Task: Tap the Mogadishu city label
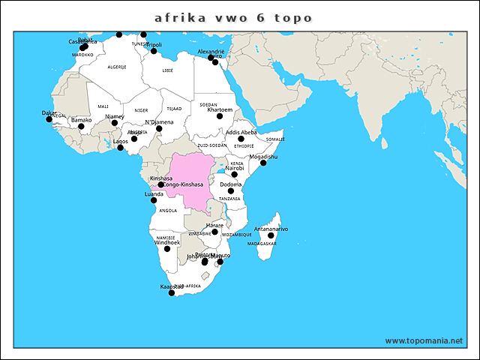tap(263, 157)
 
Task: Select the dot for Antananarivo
tap(271, 235)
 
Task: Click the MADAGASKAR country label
tap(262, 244)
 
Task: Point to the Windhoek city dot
tap(167, 249)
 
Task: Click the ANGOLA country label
tap(168, 211)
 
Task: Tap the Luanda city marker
tap(154, 200)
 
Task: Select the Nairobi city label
tap(235, 169)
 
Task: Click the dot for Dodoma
tap(231, 191)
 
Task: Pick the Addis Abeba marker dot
tap(241, 139)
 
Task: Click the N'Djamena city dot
tap(159, 128)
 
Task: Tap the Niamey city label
tap(114, 116)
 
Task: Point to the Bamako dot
tap(82, 126)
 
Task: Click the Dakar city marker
tap(49, 119)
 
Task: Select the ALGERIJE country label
tap(117, 67)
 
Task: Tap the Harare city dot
tap(215, 232)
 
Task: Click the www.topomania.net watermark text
tap(424, 340)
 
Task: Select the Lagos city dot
tap(120, 148)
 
